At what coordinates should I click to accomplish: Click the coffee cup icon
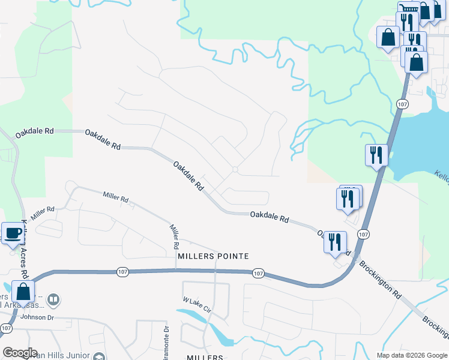tap(13, 233)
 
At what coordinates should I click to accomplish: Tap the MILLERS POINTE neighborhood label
tap(213, 256)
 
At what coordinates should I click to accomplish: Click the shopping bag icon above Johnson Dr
tap(23, 292)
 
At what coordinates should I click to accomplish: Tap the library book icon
tap(53, 299)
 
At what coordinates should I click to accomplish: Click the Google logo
tap(20, 352)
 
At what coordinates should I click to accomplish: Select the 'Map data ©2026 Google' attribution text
tap(412, 355)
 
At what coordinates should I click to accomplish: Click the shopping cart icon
tap(409, 8)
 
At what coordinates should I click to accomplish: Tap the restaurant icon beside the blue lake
tap(376, 155)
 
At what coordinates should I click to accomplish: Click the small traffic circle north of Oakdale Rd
tap(235, 170)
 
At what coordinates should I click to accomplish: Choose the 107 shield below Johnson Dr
tap(6, 328)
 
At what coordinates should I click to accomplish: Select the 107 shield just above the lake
tap(402, 104)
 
